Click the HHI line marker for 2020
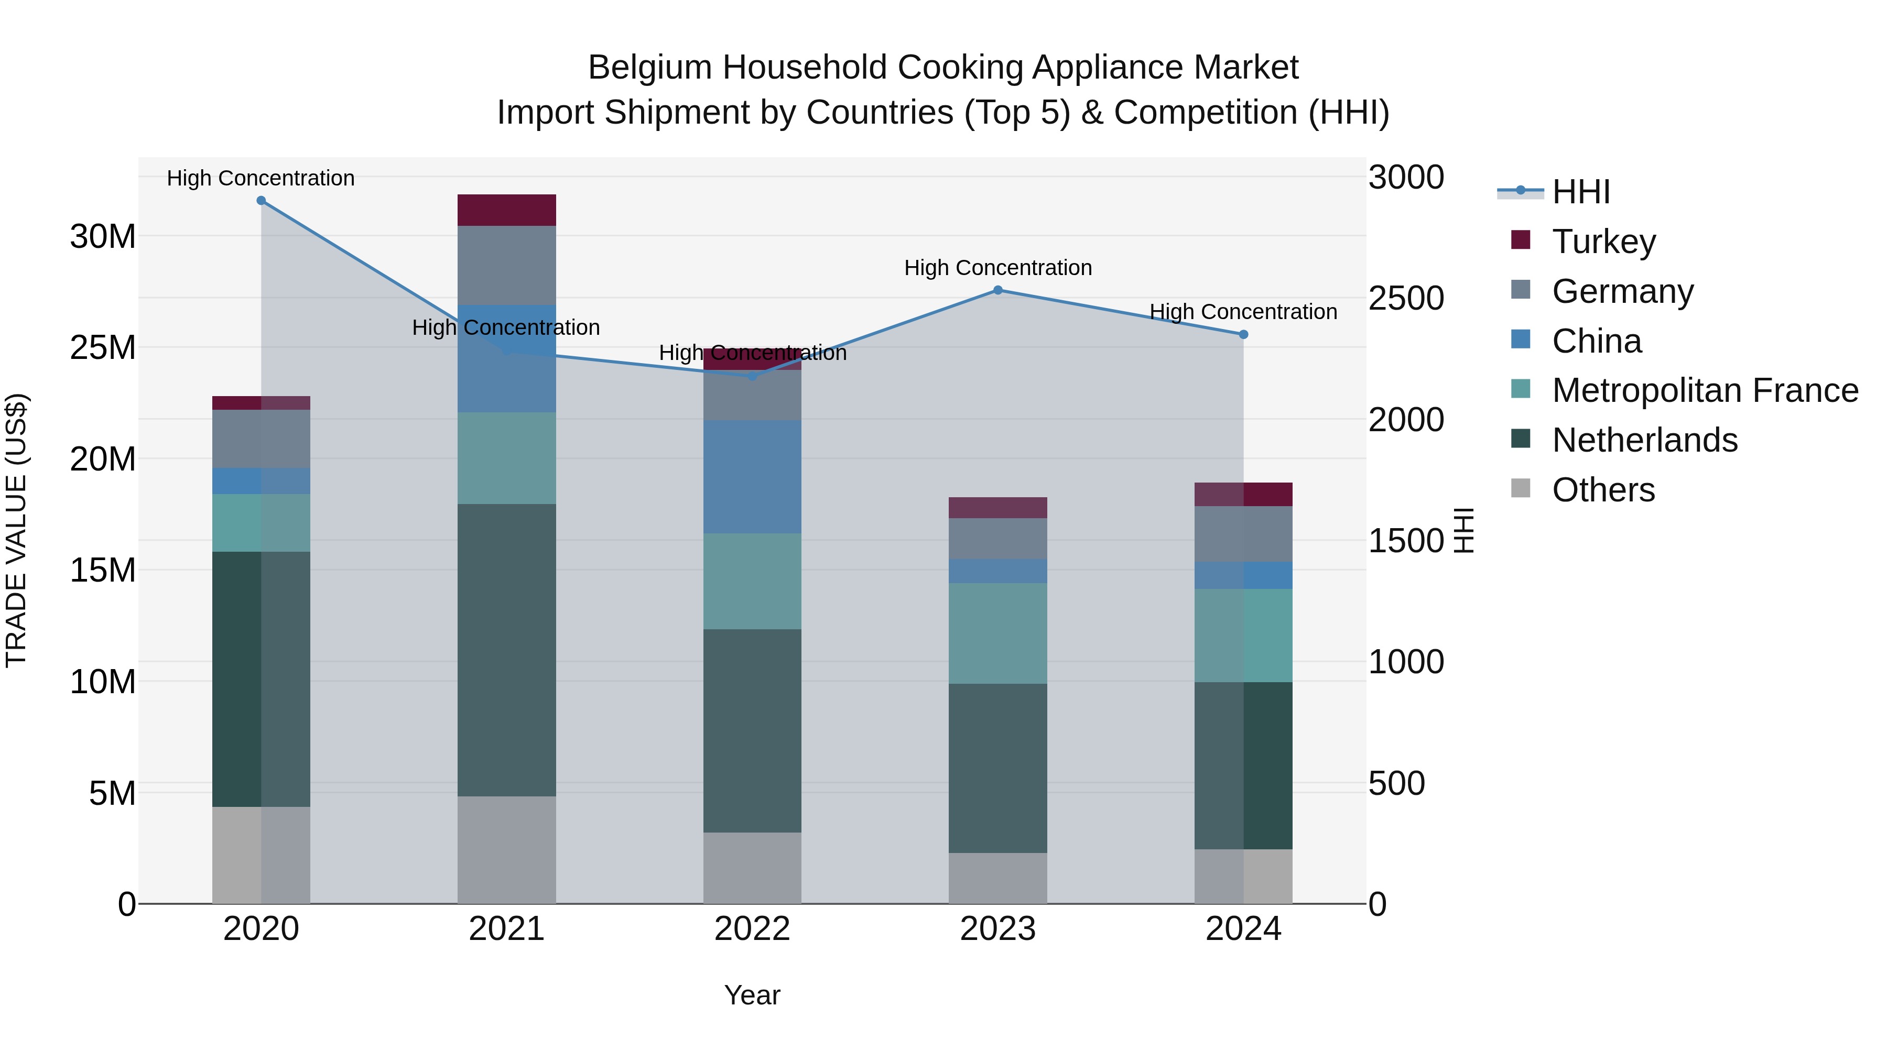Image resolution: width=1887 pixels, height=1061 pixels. point(261,201)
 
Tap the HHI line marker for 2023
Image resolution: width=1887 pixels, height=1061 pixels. point(997,290)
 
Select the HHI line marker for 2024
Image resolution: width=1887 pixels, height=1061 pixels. point(1243,335)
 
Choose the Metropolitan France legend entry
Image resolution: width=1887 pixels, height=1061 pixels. point(1705,390)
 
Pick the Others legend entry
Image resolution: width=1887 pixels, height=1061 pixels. point(1603,490)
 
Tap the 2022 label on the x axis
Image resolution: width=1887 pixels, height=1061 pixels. point(752,929)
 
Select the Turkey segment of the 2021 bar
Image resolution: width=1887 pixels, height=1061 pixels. point(506,210)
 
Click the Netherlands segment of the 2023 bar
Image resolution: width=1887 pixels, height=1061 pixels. point(997,768)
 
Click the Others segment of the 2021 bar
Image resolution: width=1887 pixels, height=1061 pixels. point(506,849)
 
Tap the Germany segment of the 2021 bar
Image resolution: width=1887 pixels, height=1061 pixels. point(506,265)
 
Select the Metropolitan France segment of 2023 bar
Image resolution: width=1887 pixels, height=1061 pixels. point(997,633)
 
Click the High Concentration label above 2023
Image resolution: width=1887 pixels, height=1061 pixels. point(997,268)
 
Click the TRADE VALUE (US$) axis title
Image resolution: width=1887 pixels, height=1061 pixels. point(16,530)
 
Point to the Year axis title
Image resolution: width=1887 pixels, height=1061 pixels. point(752,995)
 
